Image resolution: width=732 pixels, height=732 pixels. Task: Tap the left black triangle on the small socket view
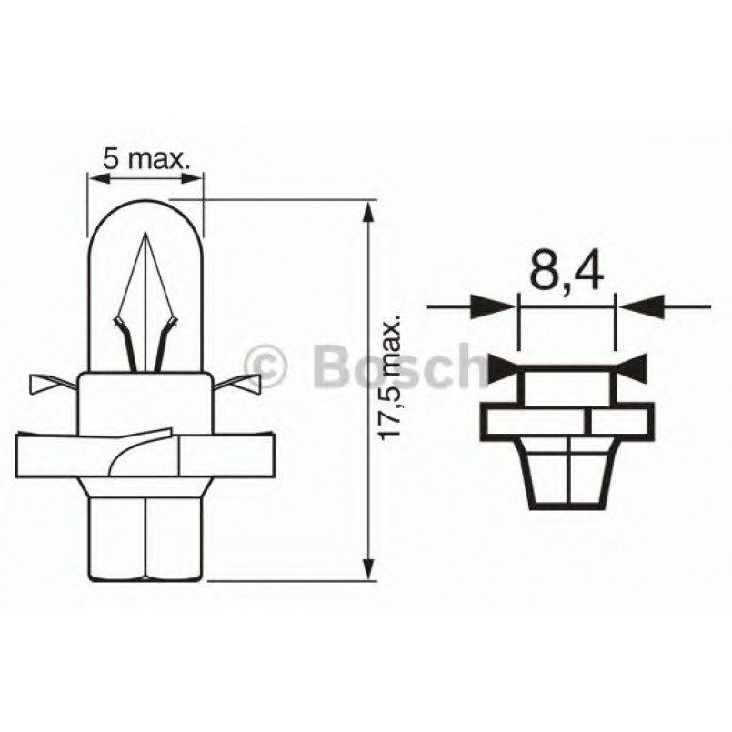click(502, 368)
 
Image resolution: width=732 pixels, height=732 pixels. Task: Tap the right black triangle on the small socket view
click(634, 367)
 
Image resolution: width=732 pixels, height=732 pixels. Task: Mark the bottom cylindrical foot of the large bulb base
click(145, 536)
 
